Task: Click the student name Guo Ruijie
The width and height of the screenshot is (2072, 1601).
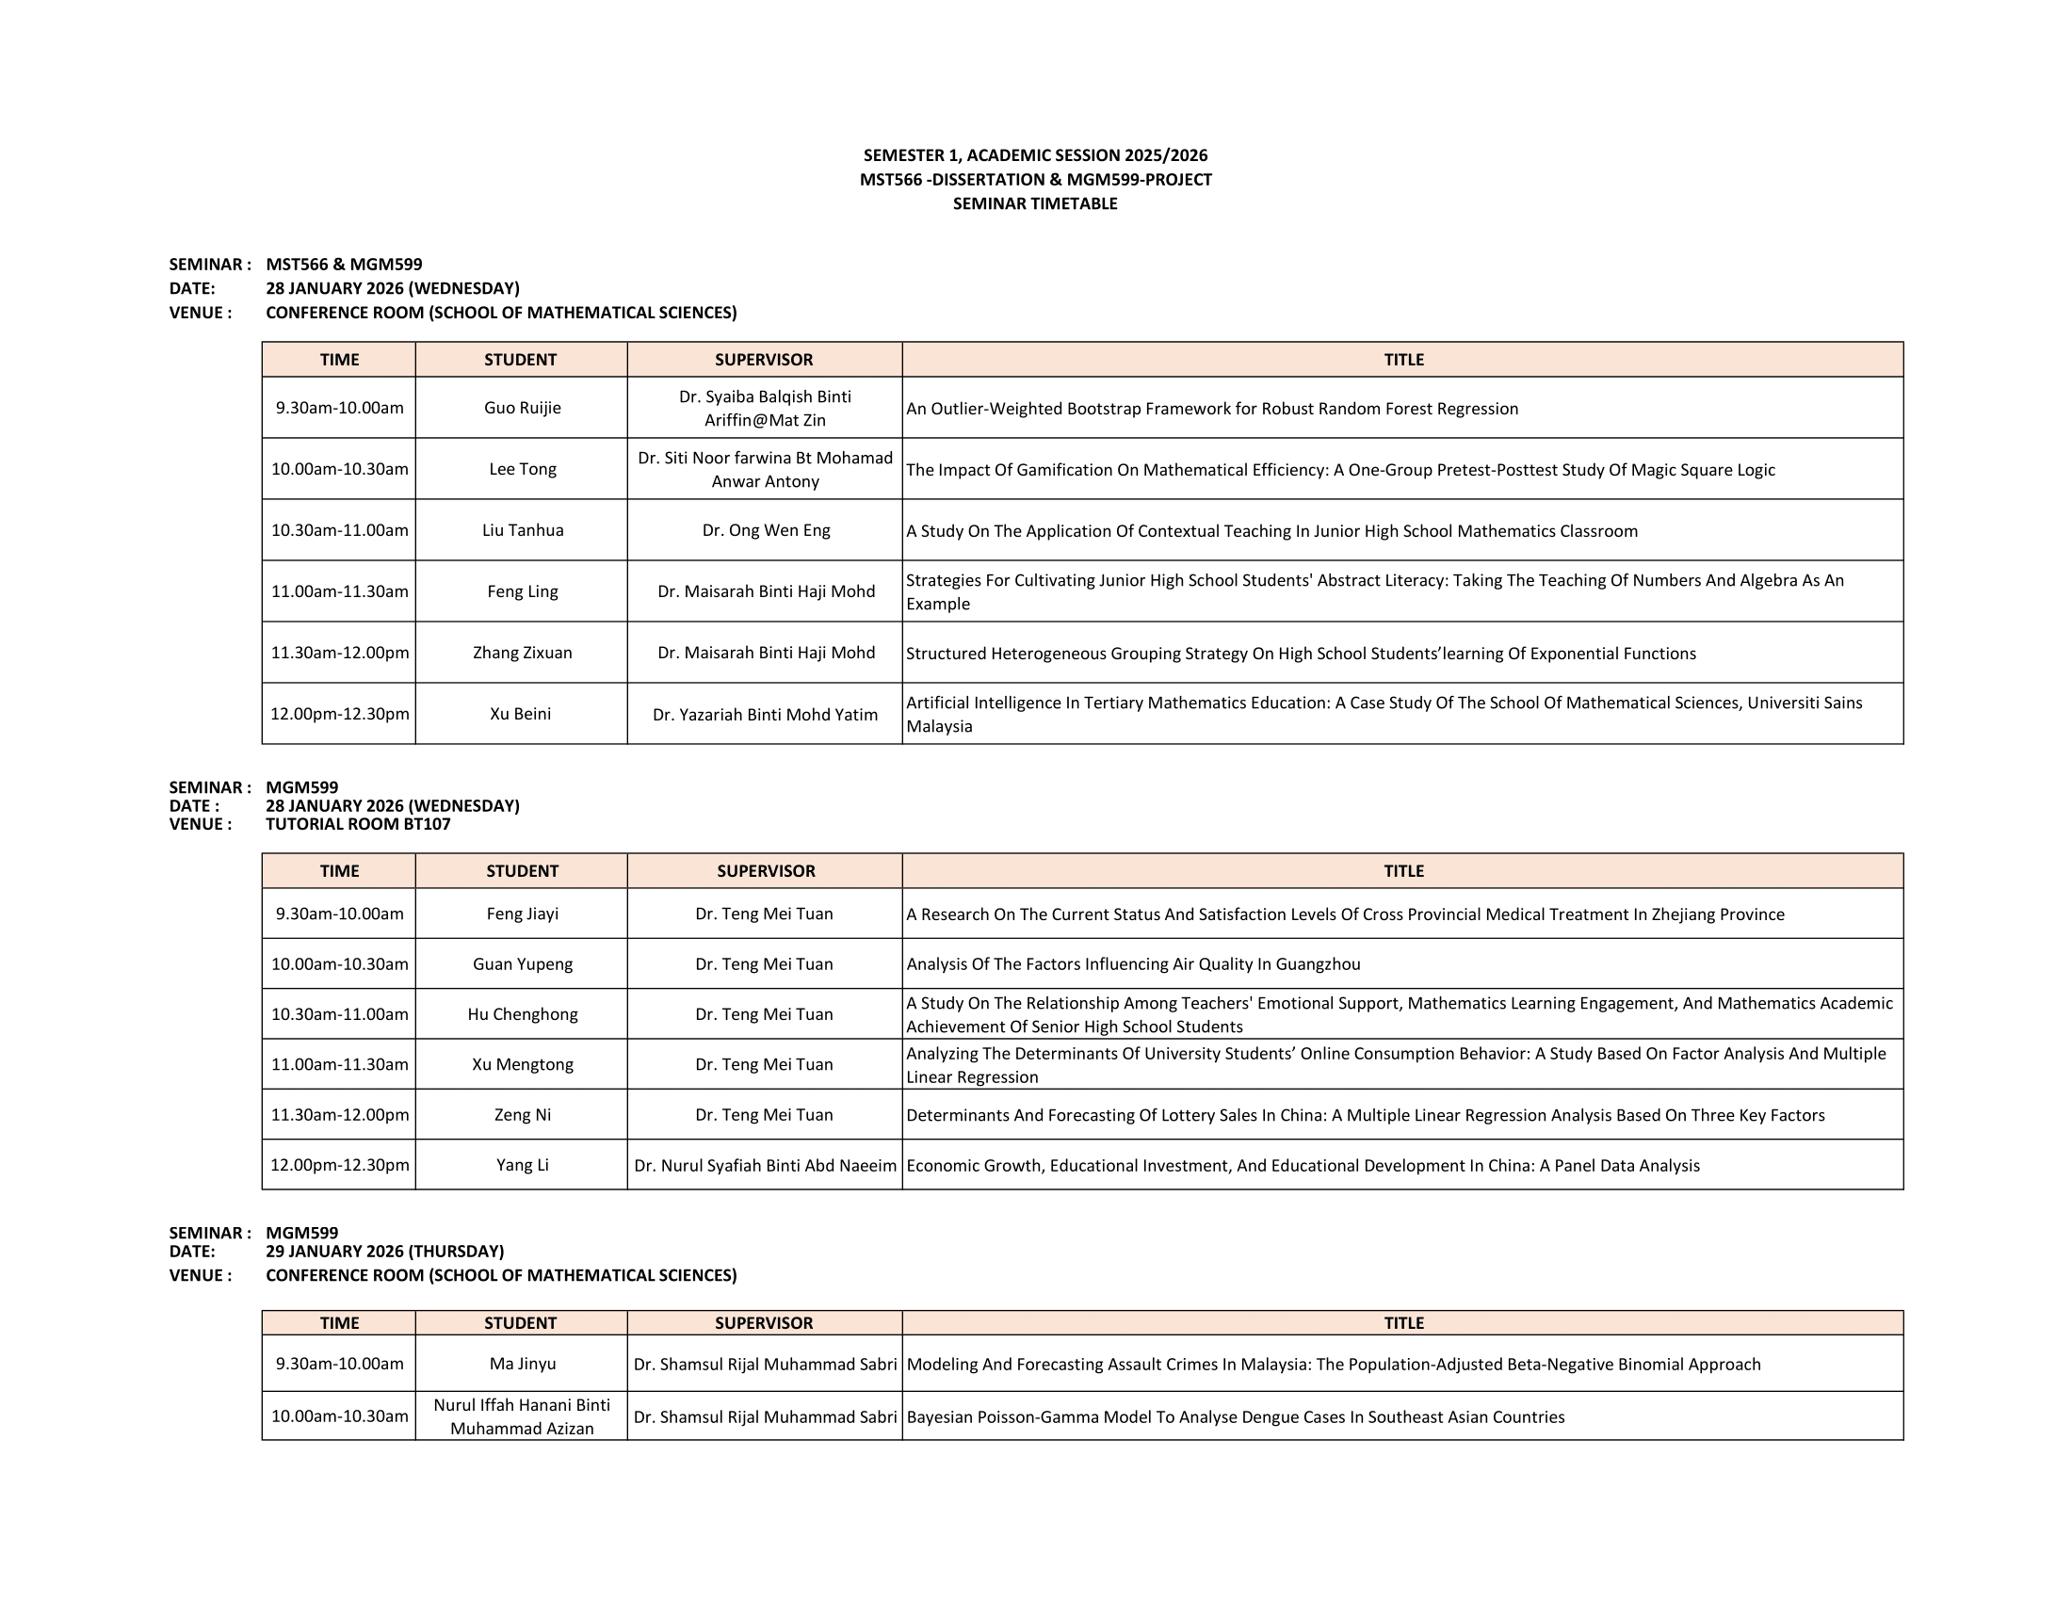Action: (522, 408)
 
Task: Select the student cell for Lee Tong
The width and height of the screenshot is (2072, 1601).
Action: (522, 470)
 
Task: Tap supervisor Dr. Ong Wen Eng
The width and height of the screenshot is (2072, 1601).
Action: (766, 530)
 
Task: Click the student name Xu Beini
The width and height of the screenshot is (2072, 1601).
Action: (520, 714)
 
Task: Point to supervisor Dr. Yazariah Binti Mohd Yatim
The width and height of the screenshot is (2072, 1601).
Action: (765, 715)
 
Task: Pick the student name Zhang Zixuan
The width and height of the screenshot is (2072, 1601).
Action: (522, 653)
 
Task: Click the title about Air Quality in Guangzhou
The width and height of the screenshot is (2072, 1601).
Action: (1133, 964)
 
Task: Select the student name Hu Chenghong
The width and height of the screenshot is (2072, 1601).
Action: (522, 1015)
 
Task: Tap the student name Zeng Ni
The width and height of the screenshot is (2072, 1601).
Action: (522, 1115)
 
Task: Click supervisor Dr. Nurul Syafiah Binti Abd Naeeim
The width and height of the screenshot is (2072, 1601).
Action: (765, 1166)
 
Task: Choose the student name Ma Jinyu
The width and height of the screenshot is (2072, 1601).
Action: (522, 1364)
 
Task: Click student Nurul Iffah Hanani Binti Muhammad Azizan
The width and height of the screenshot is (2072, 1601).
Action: (522, 1417)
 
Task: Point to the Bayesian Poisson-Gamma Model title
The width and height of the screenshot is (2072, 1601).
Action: (1236, 1417)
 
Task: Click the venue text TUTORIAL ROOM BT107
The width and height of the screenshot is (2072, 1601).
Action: (358, 824)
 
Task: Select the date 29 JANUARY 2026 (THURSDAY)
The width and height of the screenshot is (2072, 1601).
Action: (384, 1251)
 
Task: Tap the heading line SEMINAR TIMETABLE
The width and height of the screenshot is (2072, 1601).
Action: (1035, 203)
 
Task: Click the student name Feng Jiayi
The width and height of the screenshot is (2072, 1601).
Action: (522, 914)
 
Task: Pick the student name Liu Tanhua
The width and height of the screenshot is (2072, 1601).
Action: (522, 530)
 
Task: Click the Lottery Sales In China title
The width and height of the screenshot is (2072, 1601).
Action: (1365, 1115)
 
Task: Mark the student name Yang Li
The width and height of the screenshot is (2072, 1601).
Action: (522, 1166)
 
